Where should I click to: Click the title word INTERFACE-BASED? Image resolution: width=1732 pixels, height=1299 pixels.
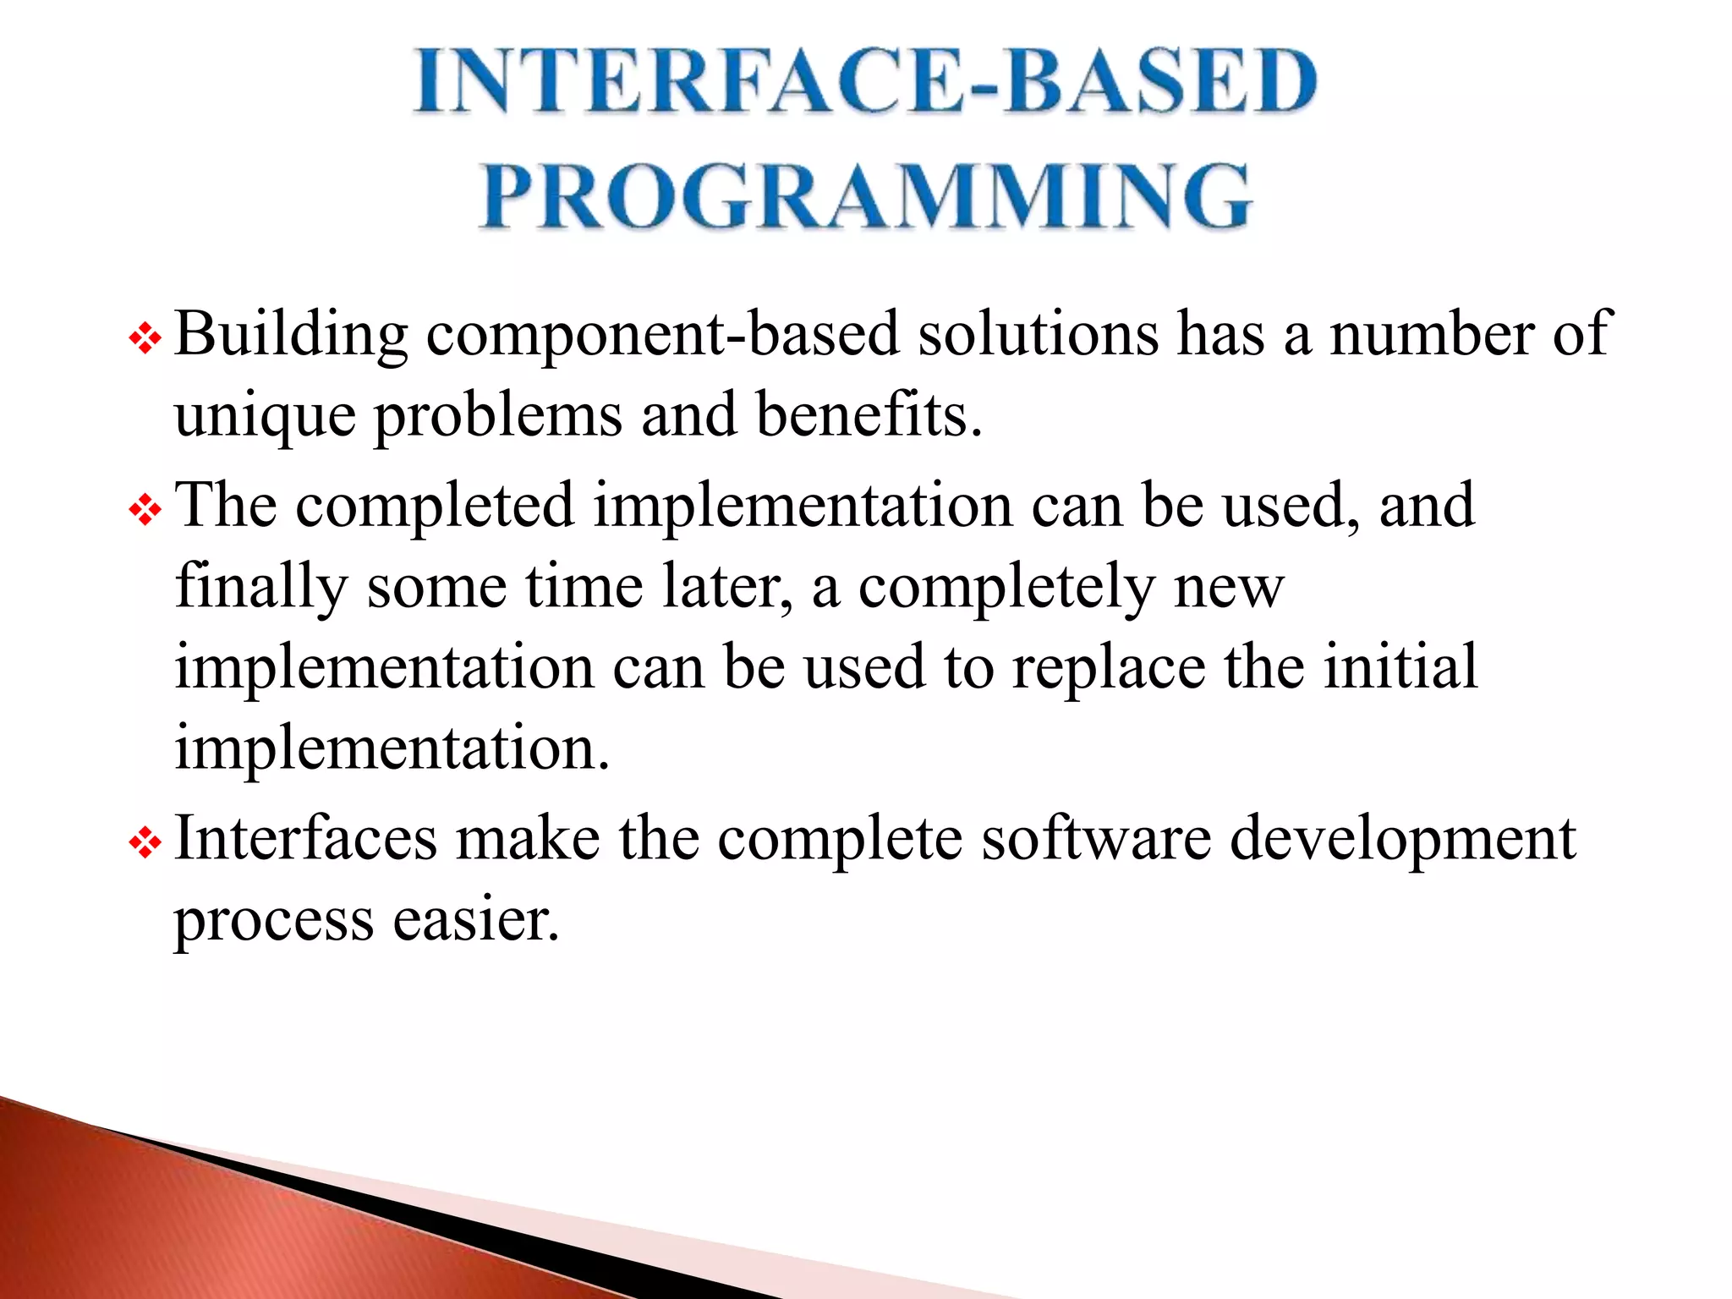(866, 81)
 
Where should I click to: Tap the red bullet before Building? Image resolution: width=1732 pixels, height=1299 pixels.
(145, 340)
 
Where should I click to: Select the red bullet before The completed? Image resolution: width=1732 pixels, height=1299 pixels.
(145, 511)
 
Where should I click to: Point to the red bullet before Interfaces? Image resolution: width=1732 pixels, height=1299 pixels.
(145, 843)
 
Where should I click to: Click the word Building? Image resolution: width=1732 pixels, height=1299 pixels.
(291, 335)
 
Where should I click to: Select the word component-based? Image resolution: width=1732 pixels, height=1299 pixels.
(662, 335)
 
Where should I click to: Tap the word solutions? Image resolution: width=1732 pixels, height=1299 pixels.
(1038, 333)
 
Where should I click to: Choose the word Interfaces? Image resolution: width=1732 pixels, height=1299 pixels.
(305, 838)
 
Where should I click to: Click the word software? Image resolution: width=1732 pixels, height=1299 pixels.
(1096, 838)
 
